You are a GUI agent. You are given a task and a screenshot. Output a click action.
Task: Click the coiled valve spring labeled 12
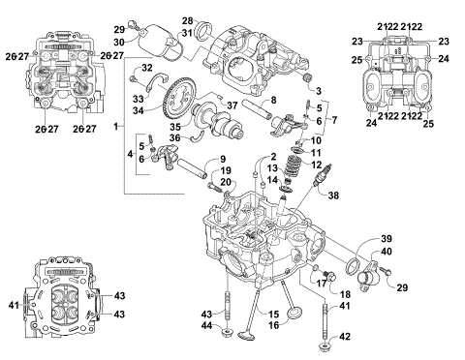pos(288,170)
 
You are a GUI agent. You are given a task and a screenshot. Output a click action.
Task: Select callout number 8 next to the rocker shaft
pos(274,101)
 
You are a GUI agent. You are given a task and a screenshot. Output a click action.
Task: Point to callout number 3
pos(317,89)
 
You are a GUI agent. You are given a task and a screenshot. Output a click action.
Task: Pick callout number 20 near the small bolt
pos(225,182)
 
